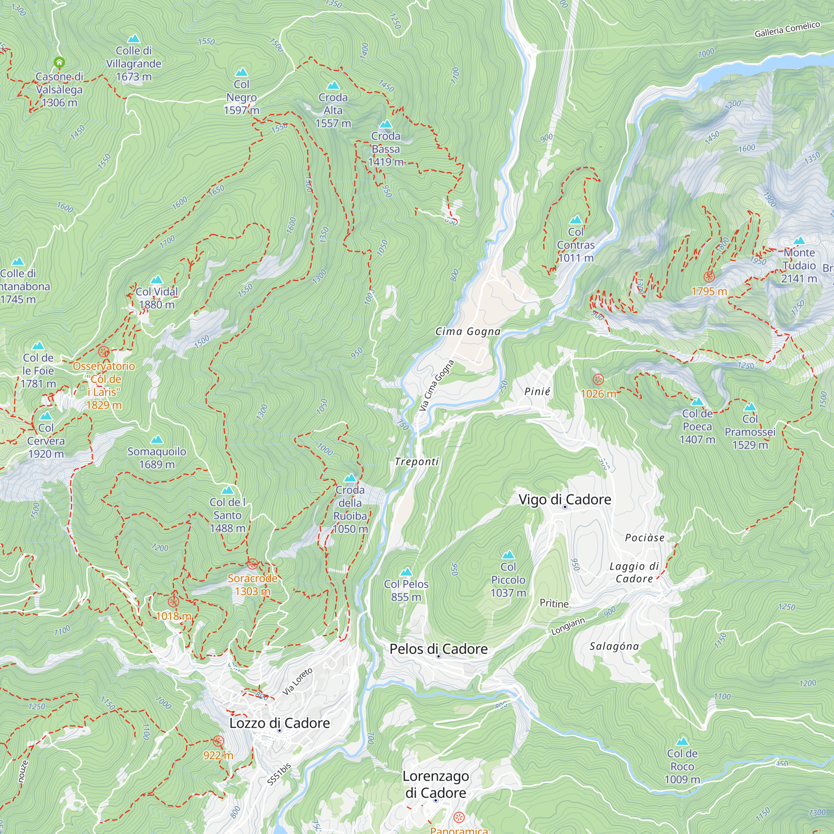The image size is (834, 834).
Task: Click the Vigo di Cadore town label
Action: pyautogui.click(x=565, y=500)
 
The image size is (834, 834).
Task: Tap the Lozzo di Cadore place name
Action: pyautogui.click(x=279, y=723)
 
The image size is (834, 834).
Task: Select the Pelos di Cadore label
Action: pyautogui.click(x=439, y=649)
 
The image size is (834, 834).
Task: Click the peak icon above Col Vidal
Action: pyautogui.click(x=157, y=280)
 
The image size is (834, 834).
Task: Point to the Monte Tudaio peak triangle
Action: pyautogui.click(x=799, y=241)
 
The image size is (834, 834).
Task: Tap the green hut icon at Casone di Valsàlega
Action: pyautogui.click(x=59, y=63)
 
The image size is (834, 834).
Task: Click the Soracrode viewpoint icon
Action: pyautogui.click(x=253, y=564)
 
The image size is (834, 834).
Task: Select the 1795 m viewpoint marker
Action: pyautogui.click(x=709, y=277)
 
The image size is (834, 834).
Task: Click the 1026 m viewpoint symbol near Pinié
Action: pyautogui.click(x=598, y=379)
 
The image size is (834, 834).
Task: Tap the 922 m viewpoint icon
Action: pyautogui.click(x=219, y=741)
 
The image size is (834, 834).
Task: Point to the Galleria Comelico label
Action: pyautogui.click(x=787, y=29)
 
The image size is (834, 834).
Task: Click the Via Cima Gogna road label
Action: pyautogui.click(x=437, y=385)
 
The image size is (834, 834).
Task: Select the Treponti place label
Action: pyautogui.click(x=417, y=462)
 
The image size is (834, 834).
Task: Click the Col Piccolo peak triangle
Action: pyautogui.click(x=508, y=555)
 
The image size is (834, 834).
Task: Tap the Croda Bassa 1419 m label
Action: pyautogui.click(x=385, y=149)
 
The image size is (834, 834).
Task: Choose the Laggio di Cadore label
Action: pyautogui.click(x=634, y=573)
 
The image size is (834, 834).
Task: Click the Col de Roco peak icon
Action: pyautogui.click(x=682, y=741)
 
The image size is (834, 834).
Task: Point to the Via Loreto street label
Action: pyautogui.click(x=297, y=682)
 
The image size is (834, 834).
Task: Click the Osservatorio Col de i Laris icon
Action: pyautogui.click(x=103, y=352)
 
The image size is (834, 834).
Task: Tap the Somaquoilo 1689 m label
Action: pyautogui.click(x=157, y=457)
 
